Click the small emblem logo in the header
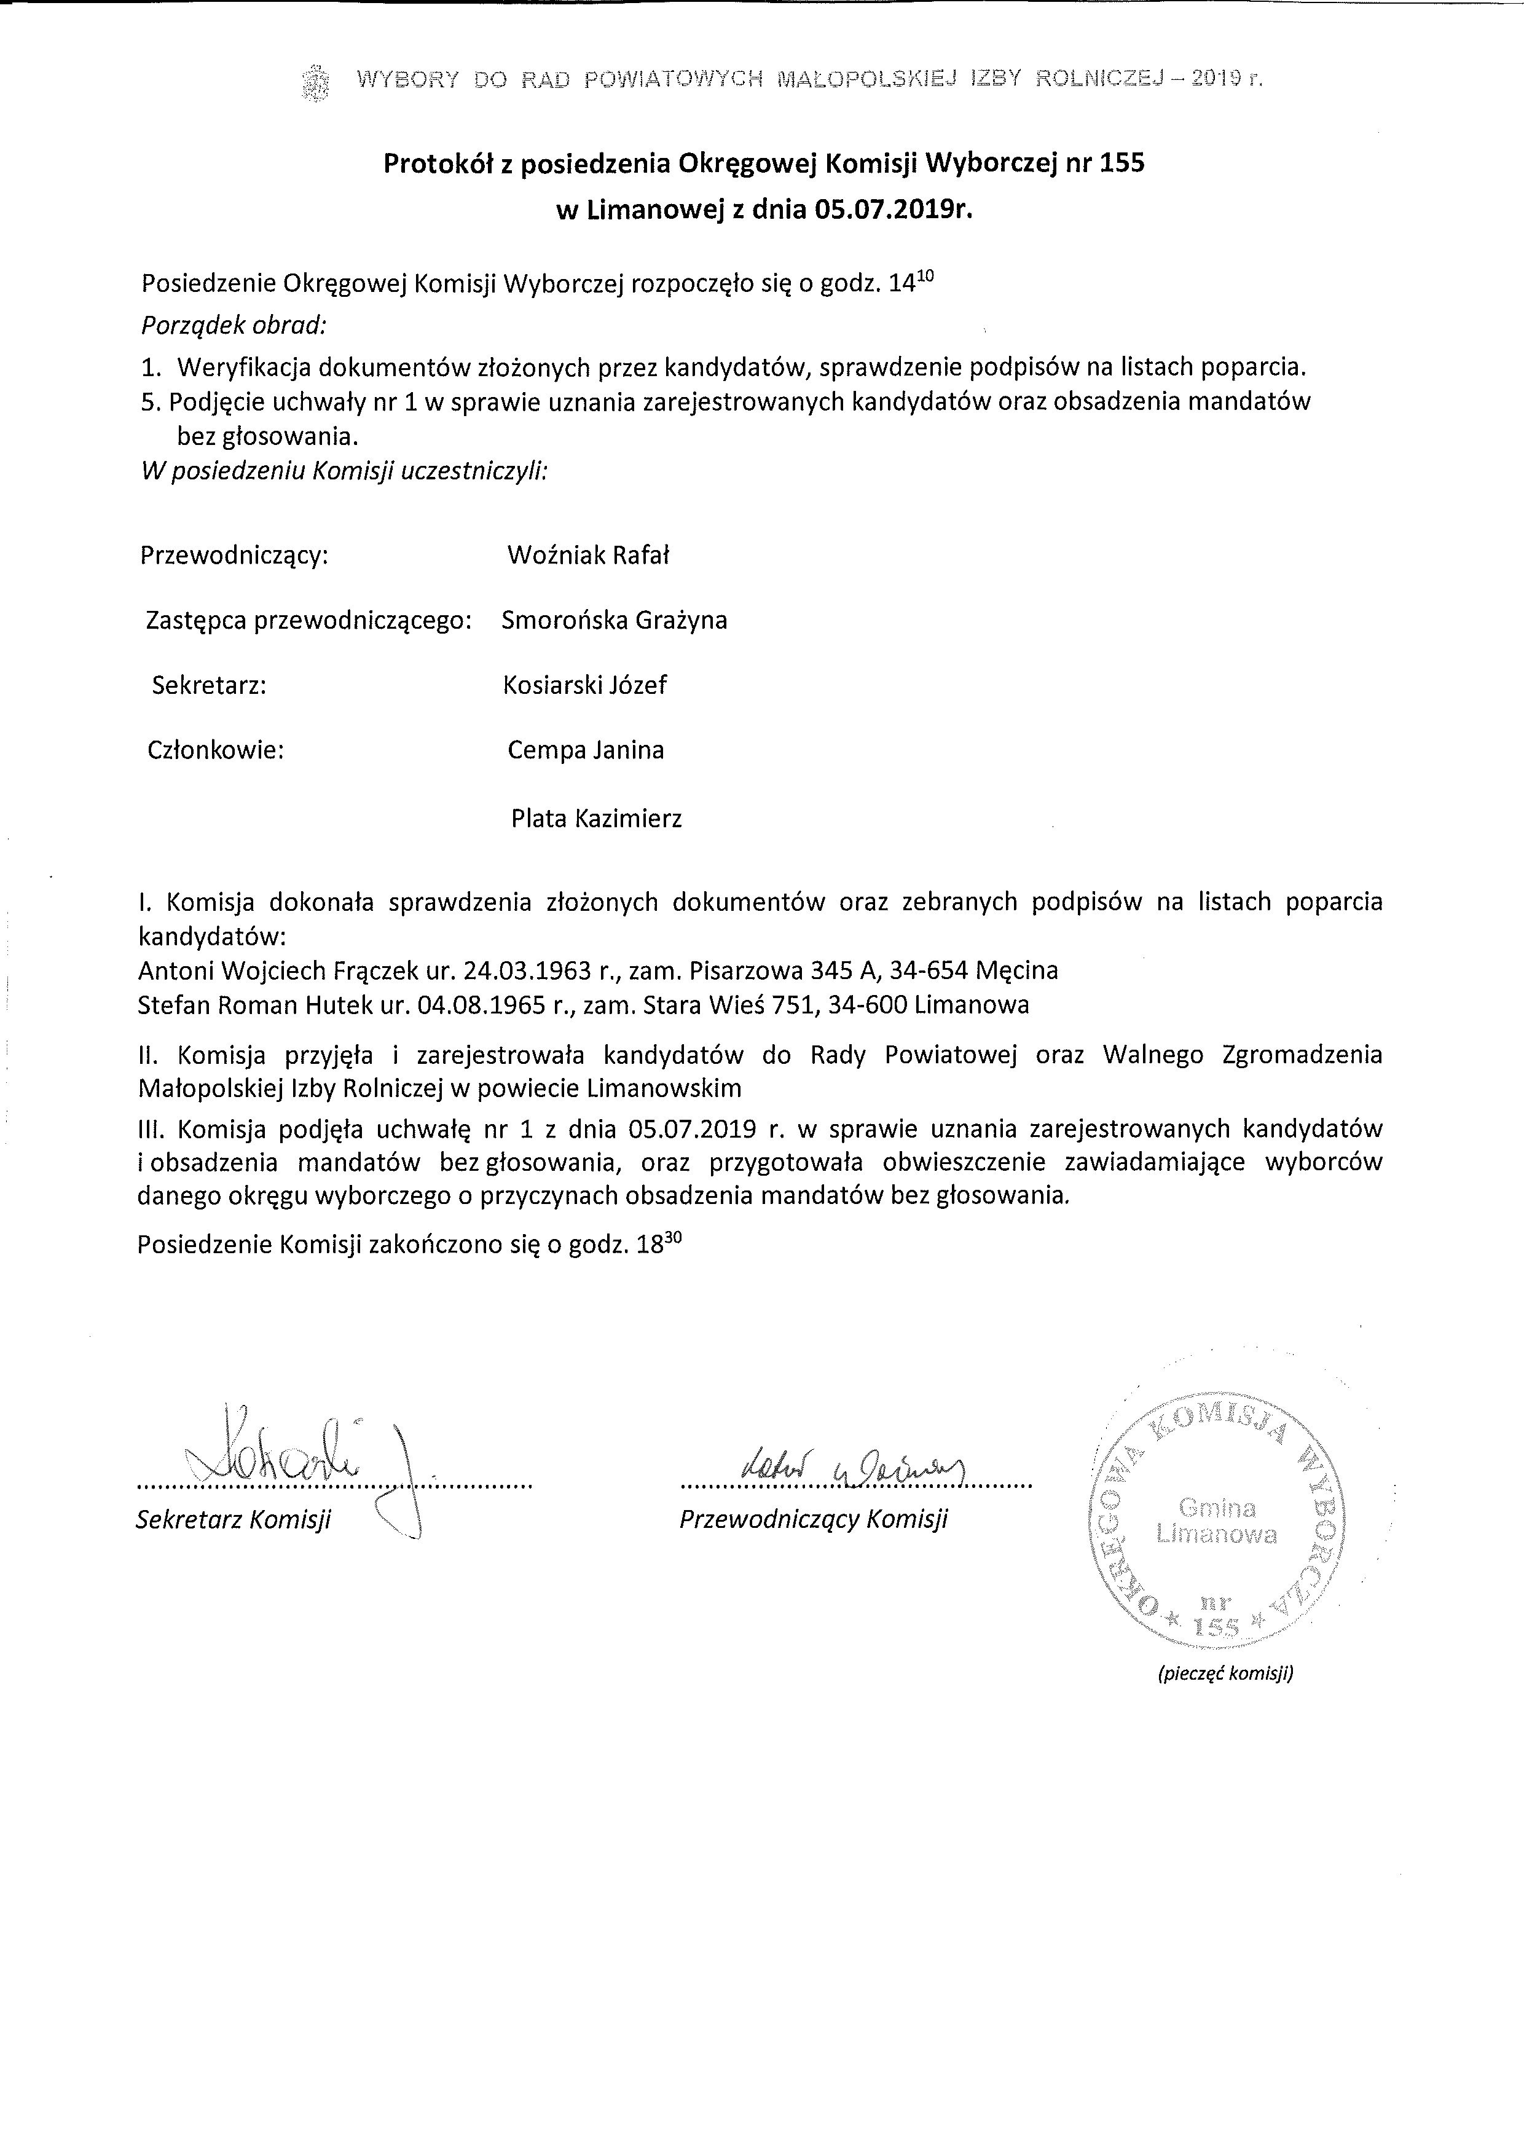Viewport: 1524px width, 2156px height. [x=316, y=82]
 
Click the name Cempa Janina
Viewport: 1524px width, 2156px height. [x=585, y=750]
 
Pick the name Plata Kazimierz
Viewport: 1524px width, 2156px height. [x=596, y=818]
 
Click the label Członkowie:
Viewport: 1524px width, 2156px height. [x=215, y=750]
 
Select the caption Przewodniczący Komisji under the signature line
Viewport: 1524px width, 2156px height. [x=813, y=1519]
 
